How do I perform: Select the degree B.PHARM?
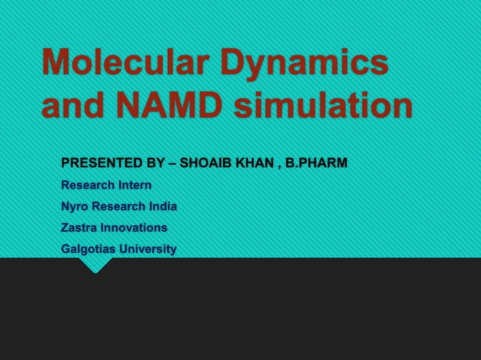coord(317,163)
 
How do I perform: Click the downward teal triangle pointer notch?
coord(97,265)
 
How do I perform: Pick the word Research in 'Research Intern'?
coord(87,185)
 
